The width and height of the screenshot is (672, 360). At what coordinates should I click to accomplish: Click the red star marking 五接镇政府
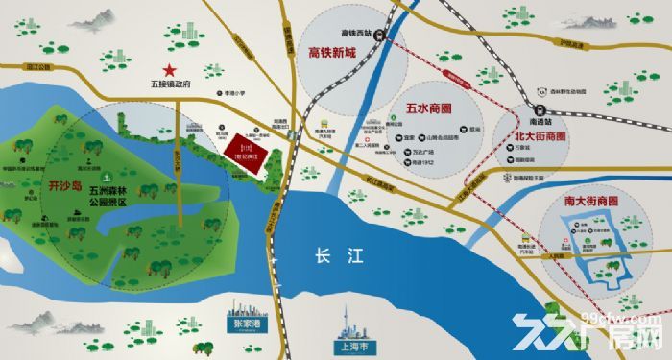(170, 70)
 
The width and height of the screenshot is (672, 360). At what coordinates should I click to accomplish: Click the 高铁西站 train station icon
(381, 36)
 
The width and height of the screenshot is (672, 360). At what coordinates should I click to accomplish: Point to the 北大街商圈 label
(524, 136)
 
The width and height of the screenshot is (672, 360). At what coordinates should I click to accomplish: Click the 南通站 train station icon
(527, 111)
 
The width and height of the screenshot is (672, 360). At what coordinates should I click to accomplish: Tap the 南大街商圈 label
(585, 202)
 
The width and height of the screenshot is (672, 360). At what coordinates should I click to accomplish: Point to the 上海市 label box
(343, 348)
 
